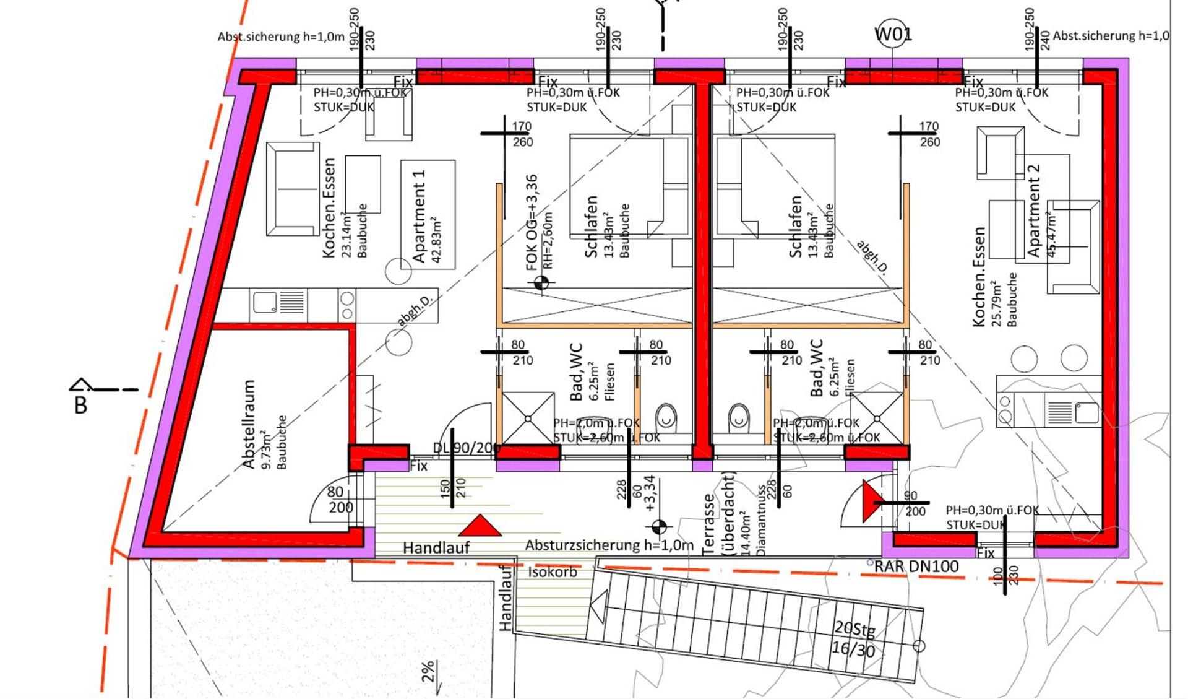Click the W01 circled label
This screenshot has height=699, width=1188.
pos(892,34)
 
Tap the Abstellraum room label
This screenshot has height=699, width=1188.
pos(249,424)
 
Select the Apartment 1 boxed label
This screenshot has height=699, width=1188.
pos(428,214)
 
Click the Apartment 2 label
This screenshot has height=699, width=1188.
pos(1033,211)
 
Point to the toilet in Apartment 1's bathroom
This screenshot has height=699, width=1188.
pos(666,416)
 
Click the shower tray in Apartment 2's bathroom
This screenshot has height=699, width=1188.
pos(877,418)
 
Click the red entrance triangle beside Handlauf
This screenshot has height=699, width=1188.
pos(480,526)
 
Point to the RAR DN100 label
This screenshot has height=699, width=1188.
pos(916,566)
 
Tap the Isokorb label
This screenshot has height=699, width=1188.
pos(552,572)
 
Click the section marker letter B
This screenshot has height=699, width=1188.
pos(80,406)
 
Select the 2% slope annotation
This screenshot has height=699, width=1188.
pos(428,672)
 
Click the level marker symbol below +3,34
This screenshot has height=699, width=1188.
pos(660,527)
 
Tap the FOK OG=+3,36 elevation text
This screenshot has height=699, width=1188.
pos(532,223)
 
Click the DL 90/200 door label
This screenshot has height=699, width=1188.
pos(465,448)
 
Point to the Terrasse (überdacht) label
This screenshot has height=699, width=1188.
pos(718,514)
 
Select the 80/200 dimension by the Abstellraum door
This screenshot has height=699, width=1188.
pos(340,500)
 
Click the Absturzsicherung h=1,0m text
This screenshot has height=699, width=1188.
pos(609,545)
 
